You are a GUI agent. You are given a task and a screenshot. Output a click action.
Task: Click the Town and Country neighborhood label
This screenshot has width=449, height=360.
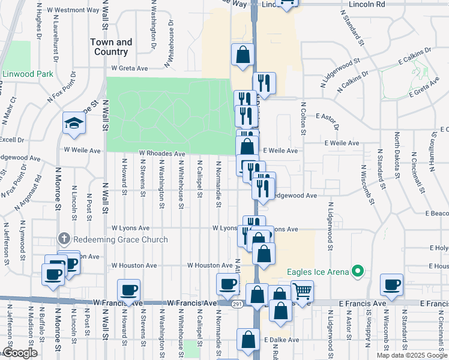pyautogui.click(x=111, y=47)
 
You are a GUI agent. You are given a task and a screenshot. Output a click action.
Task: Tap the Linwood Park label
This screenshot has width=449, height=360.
pyautogui.click(x=28, y=74)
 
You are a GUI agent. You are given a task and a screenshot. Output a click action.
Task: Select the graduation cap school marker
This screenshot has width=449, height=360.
pyautogui.click(x=74, y=123)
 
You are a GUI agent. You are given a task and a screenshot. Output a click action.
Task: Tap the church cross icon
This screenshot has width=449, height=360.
pyautogui.click(x=64, y=238)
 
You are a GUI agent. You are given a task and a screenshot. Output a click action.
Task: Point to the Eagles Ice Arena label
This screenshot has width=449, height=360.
pyautogui.click(x=318, y=272)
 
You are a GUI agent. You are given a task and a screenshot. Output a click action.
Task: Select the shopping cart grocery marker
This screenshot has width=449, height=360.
pyautogui.click(x=302, y=292)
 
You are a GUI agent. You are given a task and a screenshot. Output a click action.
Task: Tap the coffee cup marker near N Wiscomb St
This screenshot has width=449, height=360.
pyautogui.click(x=393, y=285)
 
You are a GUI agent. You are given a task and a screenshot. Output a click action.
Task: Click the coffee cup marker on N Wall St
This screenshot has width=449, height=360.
pyautogui.click(x=128, y=290)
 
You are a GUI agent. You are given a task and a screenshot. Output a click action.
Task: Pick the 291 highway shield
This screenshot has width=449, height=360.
pyautogui.click(x=238, y=304)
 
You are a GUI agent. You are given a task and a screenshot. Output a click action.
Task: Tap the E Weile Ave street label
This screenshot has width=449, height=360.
pyautogui.click(x=280, y=151)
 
